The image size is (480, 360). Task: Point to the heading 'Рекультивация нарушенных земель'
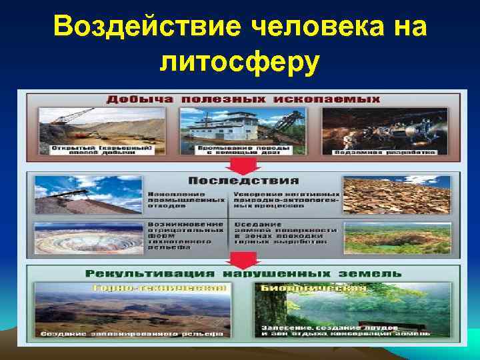point(243,274)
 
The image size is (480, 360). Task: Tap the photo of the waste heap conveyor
point(87,193)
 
